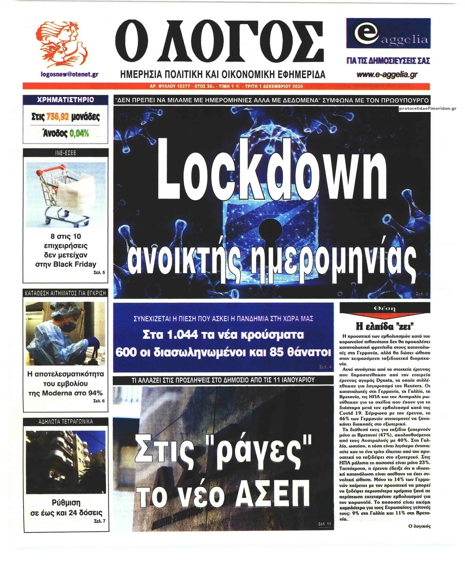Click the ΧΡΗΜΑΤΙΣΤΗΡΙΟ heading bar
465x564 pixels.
point(66,100)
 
